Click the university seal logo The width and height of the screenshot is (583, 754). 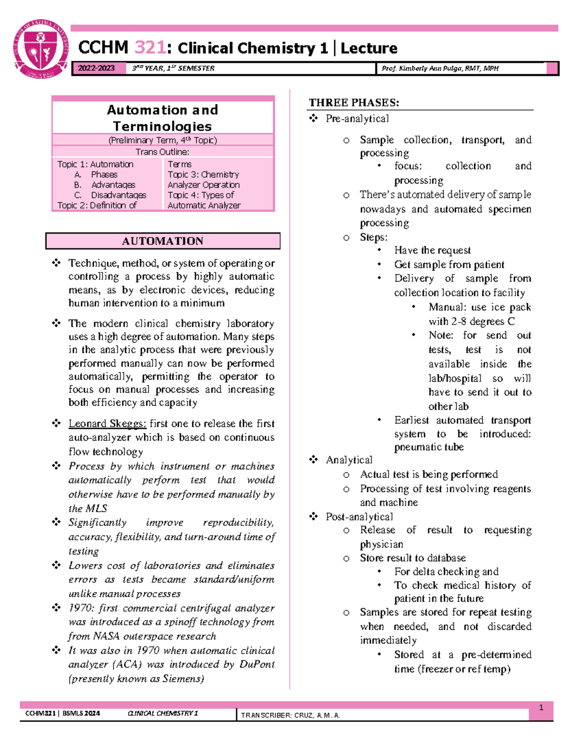point(41,49)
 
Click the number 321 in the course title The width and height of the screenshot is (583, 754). point(150,48)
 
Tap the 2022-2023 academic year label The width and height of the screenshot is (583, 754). point(96,68)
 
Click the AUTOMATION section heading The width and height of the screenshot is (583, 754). point(162,241)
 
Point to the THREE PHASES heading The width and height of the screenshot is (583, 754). point(354,102)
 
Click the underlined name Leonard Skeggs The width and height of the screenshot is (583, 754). point(107,423)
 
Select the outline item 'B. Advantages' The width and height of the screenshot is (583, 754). point(113,185)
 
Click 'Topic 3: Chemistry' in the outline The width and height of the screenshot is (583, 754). point(203,174)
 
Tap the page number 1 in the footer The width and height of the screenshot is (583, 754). point(541,708)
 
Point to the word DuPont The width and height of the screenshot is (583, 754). point(257,664)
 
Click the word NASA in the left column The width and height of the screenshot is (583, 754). point(106,636)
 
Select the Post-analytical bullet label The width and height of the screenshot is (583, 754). point(359,517)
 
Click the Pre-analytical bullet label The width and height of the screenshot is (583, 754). point(357,118)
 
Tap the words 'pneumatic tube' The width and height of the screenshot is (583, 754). point(429,447)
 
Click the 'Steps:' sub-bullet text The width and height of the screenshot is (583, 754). point(374,237)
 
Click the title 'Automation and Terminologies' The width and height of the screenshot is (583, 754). point(162,118)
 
